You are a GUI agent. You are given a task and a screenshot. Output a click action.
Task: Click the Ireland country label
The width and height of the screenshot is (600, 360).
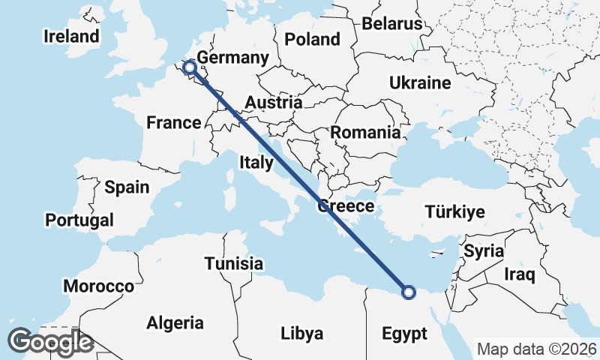point(71,36)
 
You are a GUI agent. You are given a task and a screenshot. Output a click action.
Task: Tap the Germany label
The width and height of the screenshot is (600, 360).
point(232,58)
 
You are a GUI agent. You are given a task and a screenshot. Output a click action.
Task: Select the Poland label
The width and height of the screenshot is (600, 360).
point(312,39)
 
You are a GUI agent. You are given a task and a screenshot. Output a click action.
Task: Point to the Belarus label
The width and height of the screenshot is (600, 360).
point(392,23)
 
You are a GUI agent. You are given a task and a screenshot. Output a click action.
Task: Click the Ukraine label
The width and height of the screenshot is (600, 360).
point(419,83)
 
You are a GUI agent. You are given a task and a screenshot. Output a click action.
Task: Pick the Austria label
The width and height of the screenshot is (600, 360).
point(274,103)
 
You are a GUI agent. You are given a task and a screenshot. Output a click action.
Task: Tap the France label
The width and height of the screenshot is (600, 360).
point(173,122)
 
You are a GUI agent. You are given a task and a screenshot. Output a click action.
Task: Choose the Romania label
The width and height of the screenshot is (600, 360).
point(365,133)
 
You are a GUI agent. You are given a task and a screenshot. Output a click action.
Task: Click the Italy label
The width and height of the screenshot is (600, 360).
point(256,162)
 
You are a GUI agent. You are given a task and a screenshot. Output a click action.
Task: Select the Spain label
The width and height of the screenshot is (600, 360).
point(127,187)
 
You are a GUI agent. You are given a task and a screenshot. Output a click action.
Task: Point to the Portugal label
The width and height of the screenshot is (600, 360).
point(79,220)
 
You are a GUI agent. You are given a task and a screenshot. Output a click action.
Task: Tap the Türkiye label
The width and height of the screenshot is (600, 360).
point(454,211)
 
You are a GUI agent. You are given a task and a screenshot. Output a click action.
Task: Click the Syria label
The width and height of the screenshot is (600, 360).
point(483,250)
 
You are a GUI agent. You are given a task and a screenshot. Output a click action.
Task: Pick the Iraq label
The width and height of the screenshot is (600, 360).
point(519,274)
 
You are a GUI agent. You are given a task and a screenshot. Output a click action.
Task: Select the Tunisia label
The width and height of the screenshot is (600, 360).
point(234,263)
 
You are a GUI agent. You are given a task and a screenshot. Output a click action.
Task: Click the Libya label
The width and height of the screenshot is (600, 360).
point(301,333)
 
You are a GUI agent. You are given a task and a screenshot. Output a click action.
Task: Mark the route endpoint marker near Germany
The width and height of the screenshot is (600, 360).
point(190,68)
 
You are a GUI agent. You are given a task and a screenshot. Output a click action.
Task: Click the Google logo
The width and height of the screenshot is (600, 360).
point(49,342)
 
